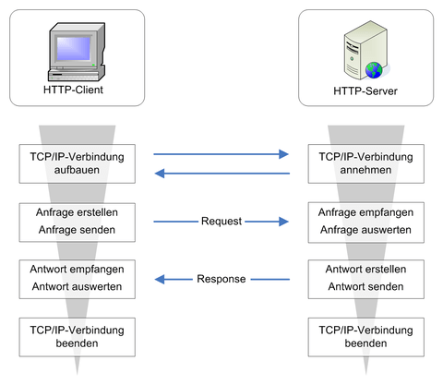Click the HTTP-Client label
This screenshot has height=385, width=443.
73,90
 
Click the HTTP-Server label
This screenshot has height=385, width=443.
365,91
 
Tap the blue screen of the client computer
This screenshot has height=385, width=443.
74,49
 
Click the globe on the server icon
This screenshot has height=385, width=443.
374,70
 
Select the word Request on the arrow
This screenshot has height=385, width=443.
221,221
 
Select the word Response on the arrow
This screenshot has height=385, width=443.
221,279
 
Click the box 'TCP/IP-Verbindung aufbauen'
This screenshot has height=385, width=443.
78,163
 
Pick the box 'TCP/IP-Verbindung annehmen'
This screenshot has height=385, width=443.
366,163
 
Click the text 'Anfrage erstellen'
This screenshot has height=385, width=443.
77,212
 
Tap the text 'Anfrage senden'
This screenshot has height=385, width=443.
77,230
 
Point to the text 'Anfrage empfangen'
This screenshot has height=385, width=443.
365,212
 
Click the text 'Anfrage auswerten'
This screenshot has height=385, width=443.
365,230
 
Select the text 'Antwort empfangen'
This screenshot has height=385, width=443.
77,270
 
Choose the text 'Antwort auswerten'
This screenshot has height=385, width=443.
77,286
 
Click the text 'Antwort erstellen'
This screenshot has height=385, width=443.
365,270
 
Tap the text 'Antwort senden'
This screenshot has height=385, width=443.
365,286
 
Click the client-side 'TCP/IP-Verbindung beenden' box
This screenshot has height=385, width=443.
78,337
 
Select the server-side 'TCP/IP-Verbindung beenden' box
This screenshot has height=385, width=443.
366,337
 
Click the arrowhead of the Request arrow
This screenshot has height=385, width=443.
283,222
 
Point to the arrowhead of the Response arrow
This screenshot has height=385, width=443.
160,280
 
